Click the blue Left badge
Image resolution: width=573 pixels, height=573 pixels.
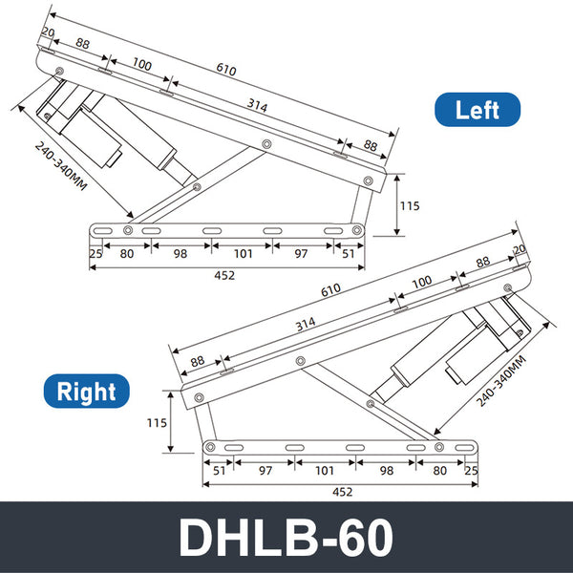click(x=477, y=110)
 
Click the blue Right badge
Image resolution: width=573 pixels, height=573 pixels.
click(x=86, y=392)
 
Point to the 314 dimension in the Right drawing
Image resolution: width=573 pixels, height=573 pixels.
click(x=305, y=325)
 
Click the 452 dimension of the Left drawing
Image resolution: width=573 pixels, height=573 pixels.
click(x=224, y=275)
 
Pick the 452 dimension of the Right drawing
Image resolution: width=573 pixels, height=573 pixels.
click(x=342, y=491)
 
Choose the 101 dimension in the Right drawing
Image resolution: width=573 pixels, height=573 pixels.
click(x=326, y=470)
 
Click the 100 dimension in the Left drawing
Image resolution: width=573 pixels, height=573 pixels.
click(x=141, y=65)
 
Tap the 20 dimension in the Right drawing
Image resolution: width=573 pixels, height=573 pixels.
click(x=520, y=250)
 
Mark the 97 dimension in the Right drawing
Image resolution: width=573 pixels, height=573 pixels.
click(x=265, y=470)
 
